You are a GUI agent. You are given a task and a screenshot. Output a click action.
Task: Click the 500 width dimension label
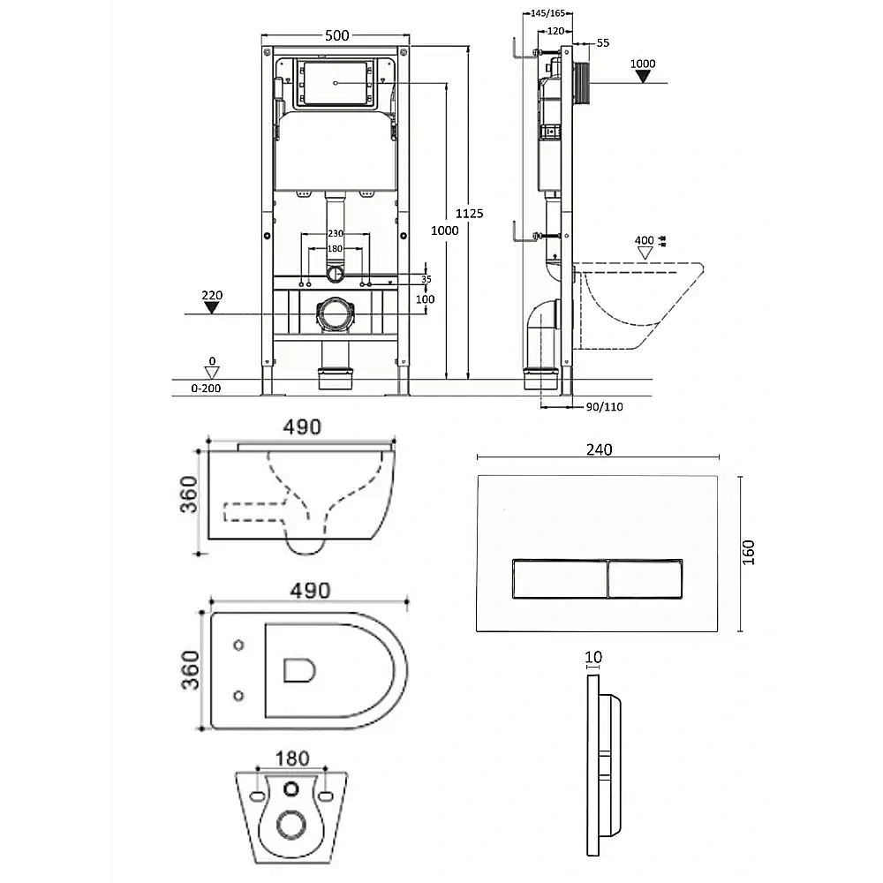(336, 35)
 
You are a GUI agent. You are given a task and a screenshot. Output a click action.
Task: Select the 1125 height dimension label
(469, 214)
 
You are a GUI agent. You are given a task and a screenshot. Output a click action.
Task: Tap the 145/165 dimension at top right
(548, 13)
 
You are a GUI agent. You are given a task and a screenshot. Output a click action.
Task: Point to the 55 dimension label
(602, 42)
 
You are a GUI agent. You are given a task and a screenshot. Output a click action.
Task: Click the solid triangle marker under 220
(211, 307)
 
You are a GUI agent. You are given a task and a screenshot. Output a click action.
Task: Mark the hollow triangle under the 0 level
(212, 373)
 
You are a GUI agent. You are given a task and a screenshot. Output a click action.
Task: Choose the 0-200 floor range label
(206, 388)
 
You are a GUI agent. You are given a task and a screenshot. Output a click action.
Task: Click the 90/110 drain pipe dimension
(604, 406)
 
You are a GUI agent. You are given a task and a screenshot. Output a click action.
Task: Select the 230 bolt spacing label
(335, 233)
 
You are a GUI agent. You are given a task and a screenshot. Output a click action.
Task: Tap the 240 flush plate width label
(600, 450)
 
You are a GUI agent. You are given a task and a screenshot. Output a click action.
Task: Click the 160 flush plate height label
(748, 553)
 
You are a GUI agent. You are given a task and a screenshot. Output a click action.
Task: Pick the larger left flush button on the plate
(561, 578)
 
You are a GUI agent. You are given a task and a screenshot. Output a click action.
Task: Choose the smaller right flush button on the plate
(645, 578)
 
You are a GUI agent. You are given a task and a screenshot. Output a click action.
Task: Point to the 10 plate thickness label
(593, 657)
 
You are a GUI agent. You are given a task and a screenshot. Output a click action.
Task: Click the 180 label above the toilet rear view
(292, 758)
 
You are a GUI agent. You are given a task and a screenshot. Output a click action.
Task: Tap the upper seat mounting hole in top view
(238, 645)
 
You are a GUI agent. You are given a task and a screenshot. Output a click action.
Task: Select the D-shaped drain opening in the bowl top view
(299, 669)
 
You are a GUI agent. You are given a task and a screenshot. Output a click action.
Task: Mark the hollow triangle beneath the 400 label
(645, 253)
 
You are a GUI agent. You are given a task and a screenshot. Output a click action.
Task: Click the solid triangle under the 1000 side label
(643, 77)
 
